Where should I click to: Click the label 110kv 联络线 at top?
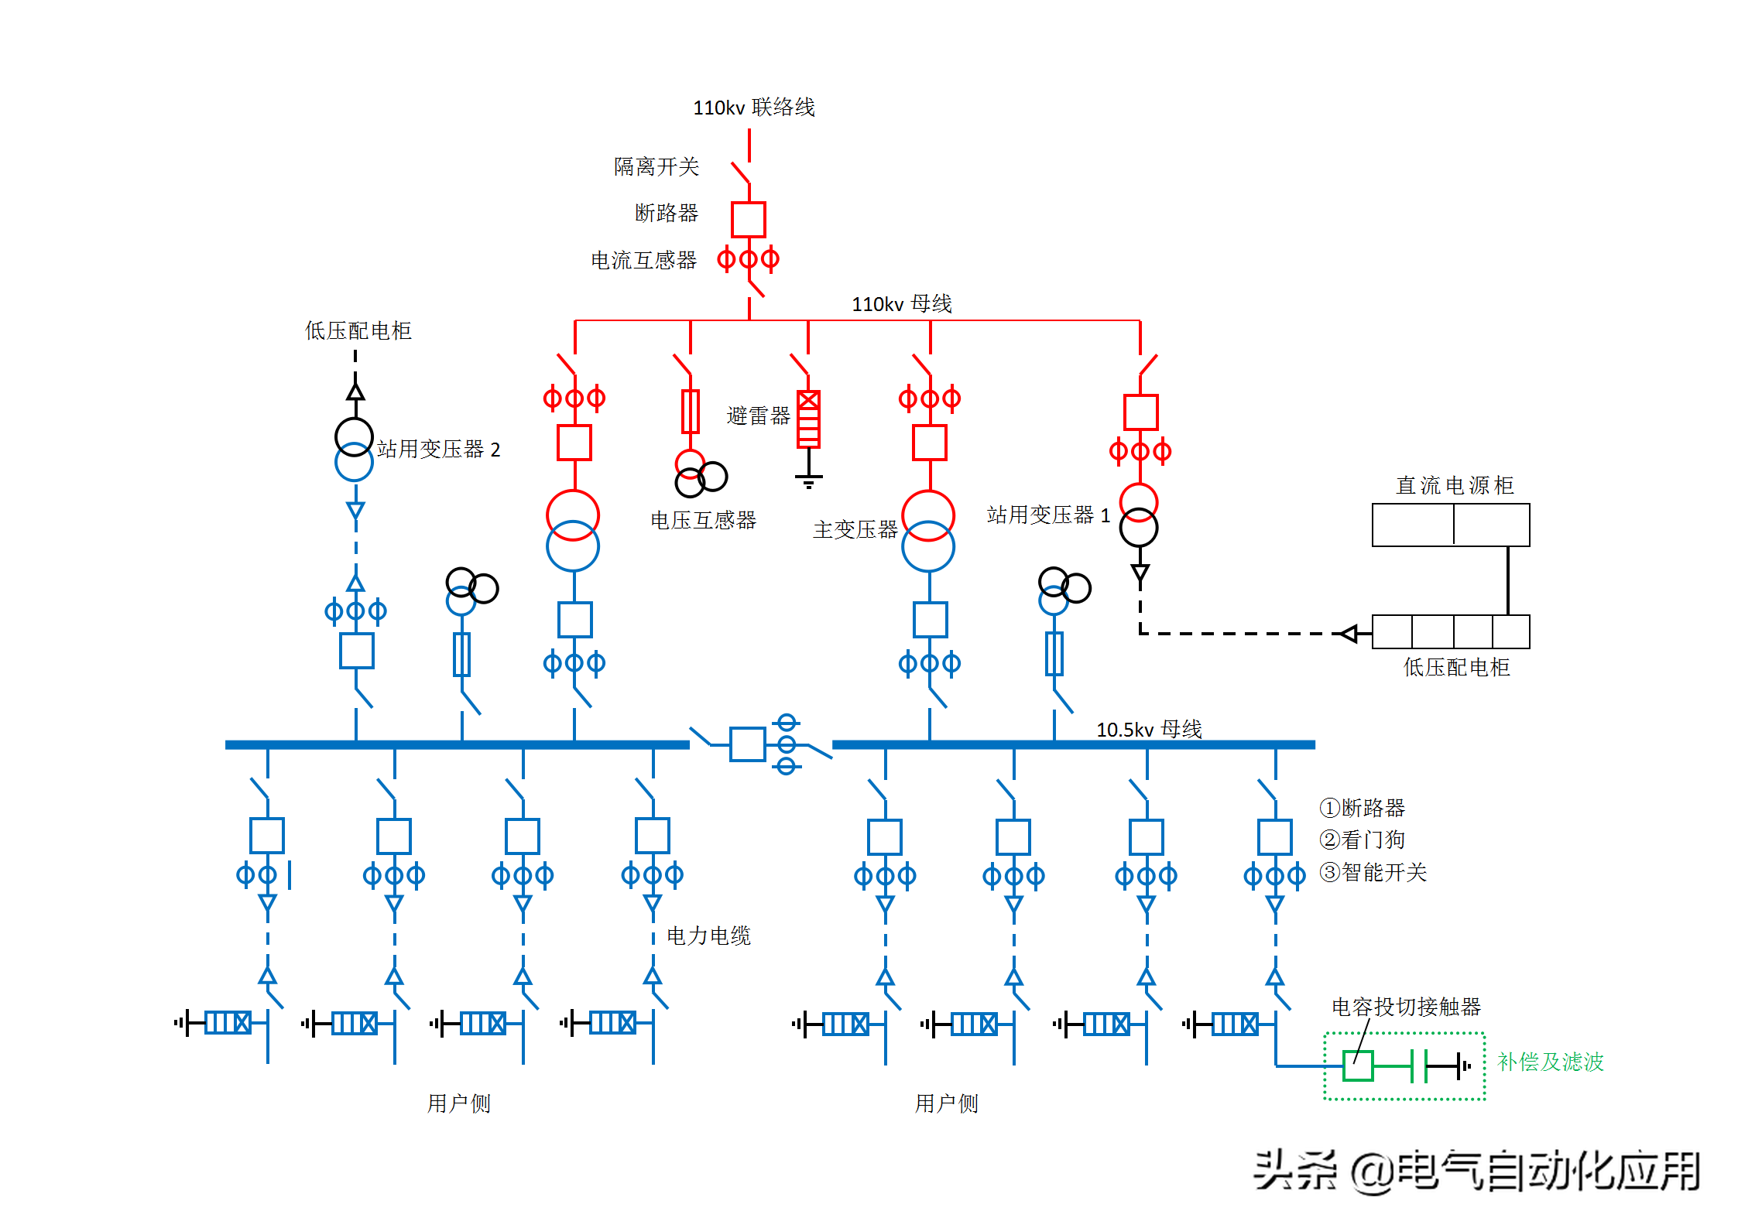[754, 107]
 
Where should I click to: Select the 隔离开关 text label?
[656, 166]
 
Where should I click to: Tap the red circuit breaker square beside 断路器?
[749, 220]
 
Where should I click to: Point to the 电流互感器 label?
[643, 260]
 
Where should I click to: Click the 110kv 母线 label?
[902, 303]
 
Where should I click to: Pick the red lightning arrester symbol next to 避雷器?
[808, 419]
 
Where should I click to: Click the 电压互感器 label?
[703, 520]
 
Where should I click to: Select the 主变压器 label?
[855, 529]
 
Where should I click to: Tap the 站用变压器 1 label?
[1048, 515]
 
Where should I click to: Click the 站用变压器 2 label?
[439, 449]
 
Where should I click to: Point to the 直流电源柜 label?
[1455, 485]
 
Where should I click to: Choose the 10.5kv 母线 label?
[1149, 729]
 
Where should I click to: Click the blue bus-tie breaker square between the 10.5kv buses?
[748, 744]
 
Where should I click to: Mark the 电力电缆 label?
[708, 936]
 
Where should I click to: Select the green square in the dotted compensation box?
[1358, 1066]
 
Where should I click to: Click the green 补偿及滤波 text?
[1550, 1062]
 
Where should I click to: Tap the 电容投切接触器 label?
[1406, 1006]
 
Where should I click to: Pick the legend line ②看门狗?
[1362, 840]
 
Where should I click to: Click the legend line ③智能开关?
[1373, 872]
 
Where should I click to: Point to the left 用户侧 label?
[459, 1103]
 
